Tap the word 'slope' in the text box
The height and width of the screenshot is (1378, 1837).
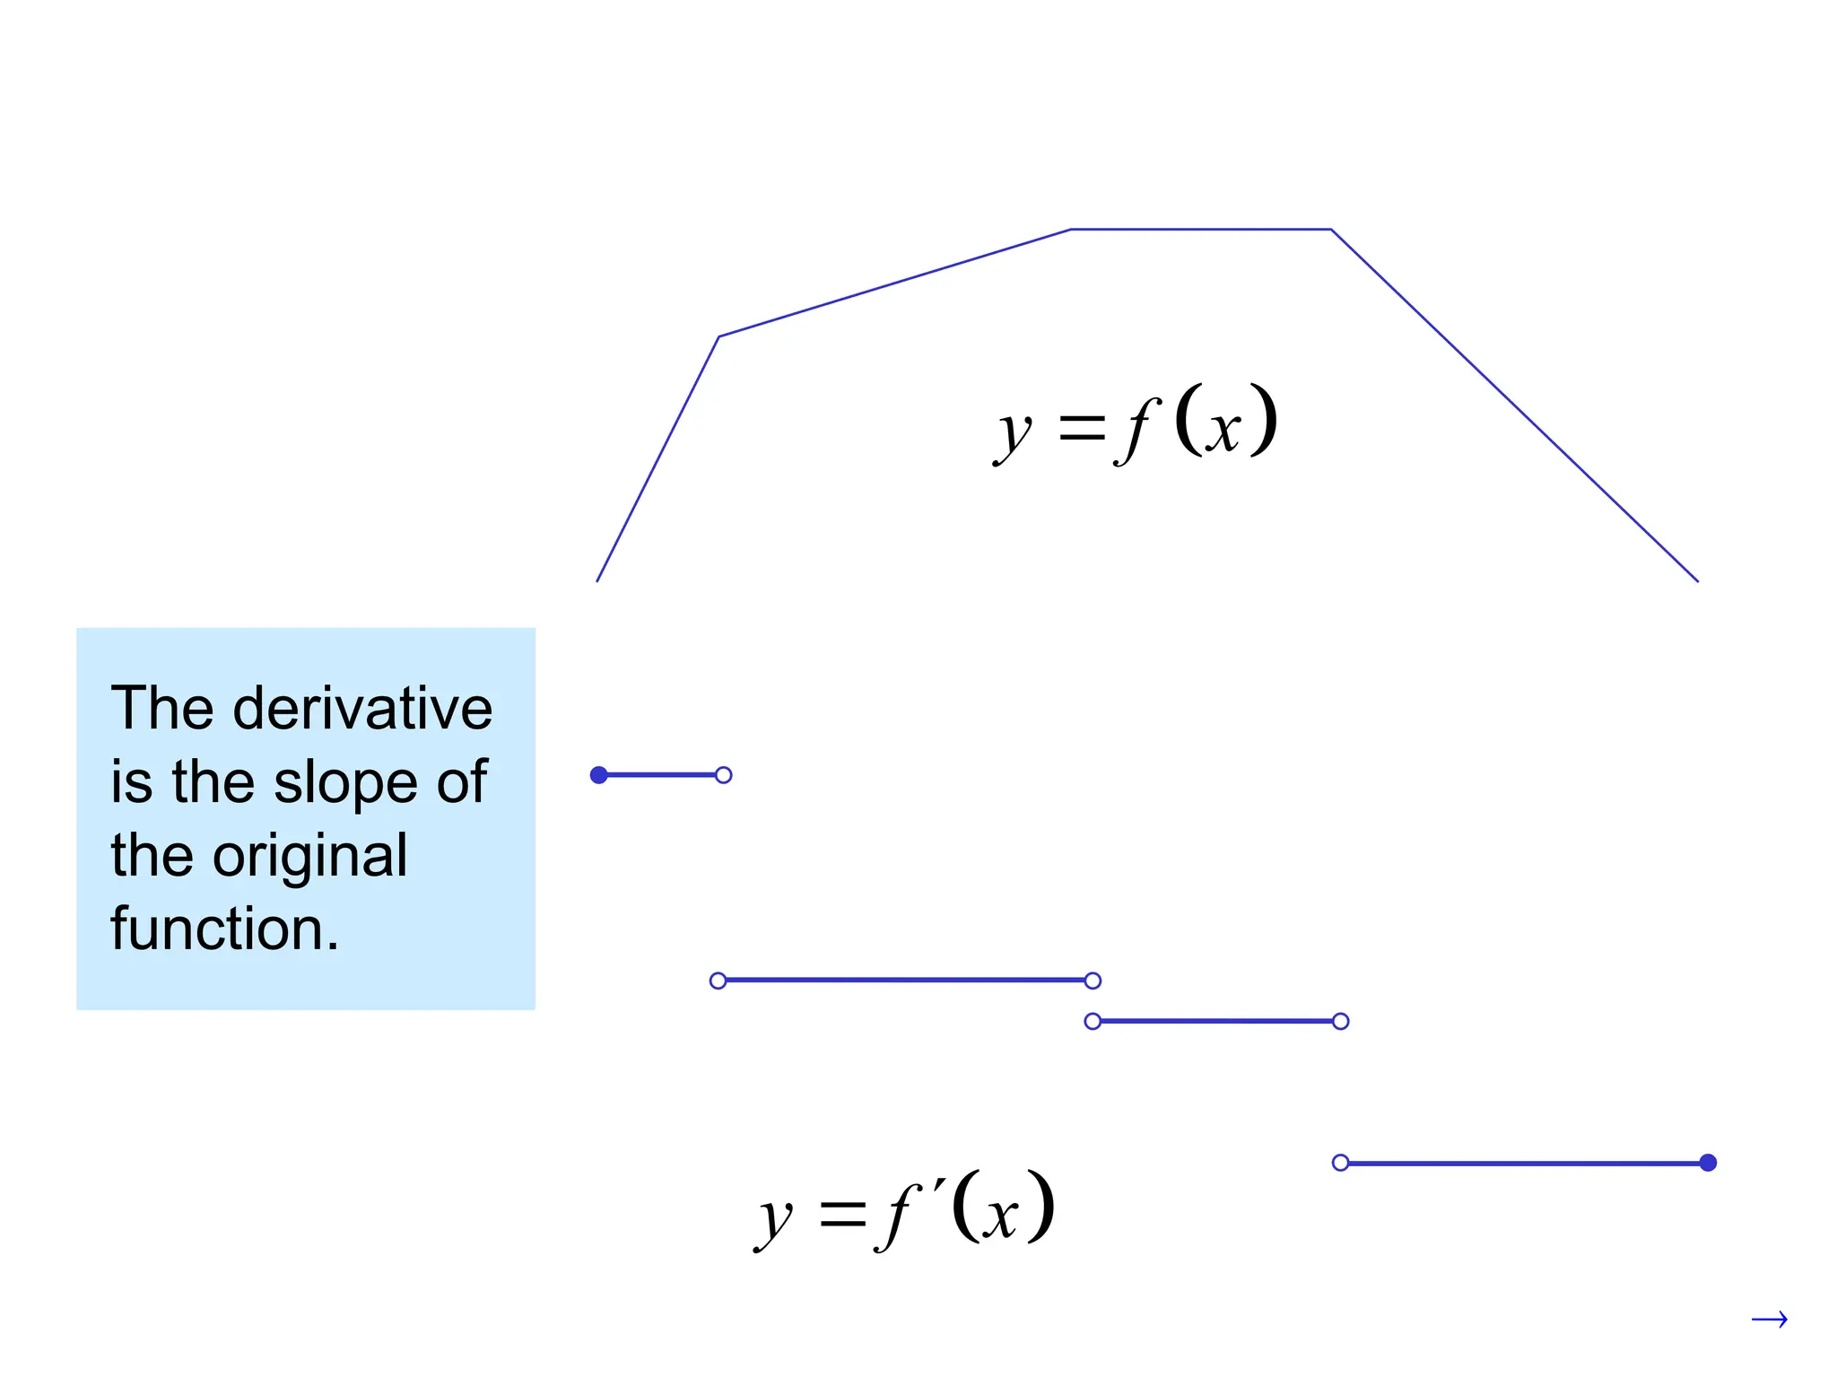[345, 782]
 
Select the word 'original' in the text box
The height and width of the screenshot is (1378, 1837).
[309, 856]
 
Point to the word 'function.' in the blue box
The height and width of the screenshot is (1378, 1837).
[224, 929]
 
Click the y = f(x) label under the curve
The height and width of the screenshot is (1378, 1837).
[1136, 423]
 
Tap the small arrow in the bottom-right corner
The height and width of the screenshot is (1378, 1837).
[1769, 1319]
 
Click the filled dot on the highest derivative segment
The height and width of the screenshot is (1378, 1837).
[599, 775]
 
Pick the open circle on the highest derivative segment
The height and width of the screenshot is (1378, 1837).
[724, 775]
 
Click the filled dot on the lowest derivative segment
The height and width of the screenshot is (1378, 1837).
[1708, 1163]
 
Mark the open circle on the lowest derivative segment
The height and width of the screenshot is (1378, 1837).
[1340, 1163]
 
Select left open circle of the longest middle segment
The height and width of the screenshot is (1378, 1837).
[718, 981]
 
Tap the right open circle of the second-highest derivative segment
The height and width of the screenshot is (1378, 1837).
[1093, 981]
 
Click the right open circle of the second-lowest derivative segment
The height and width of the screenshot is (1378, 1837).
[1340, 1021]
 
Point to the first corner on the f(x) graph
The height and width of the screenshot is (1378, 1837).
[718, 336]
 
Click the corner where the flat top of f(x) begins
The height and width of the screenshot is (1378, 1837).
[1071, 230]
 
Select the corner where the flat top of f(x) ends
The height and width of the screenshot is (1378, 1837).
[1331, 230]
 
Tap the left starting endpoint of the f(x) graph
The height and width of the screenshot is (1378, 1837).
[597, 580]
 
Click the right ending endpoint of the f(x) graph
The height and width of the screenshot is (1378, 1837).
[1697, 580]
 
